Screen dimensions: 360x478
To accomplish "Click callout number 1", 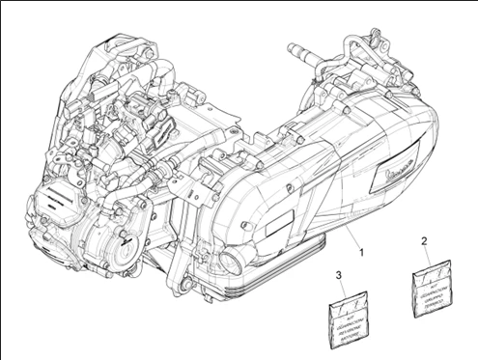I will (x=361, y=252).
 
